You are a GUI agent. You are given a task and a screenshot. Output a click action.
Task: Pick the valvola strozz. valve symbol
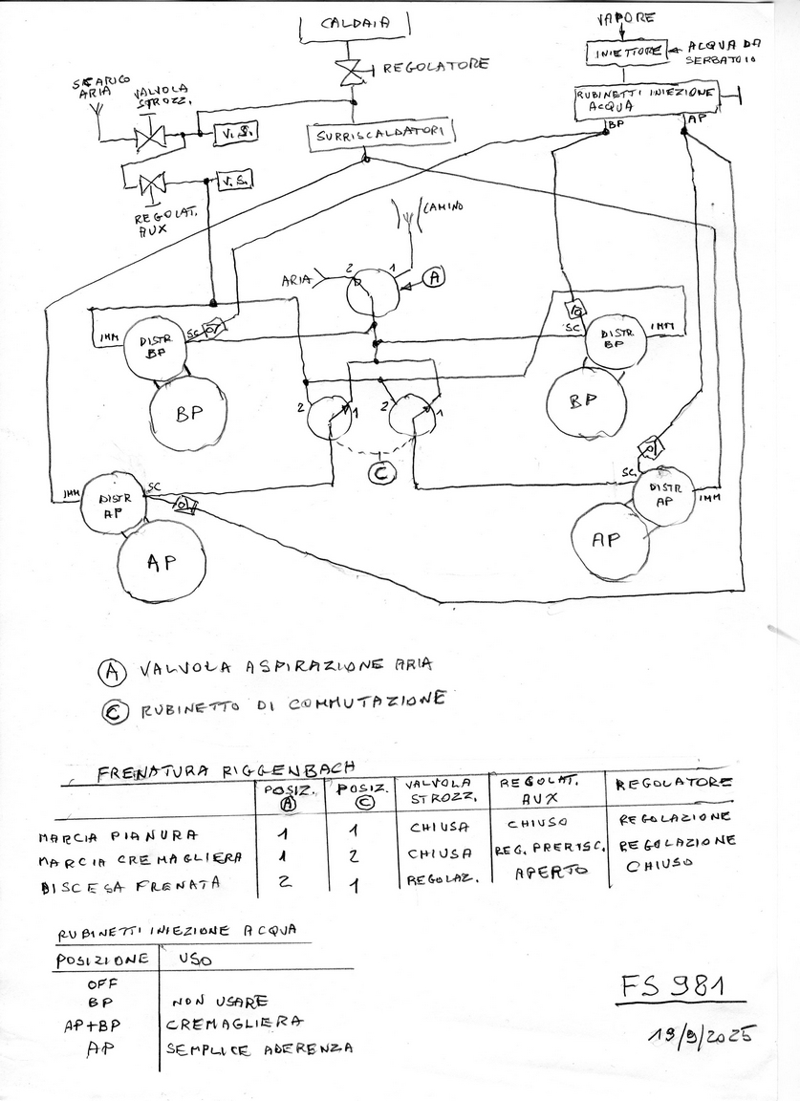tap(151, 138)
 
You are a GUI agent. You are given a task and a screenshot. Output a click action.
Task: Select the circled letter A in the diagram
tap(434, 276)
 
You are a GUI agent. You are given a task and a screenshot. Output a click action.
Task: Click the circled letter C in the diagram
tap(381, 471)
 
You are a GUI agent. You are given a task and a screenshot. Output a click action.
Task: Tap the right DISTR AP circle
tap(665, 493)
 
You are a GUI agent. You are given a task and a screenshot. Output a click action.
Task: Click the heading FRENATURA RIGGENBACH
tap(226, 770)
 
